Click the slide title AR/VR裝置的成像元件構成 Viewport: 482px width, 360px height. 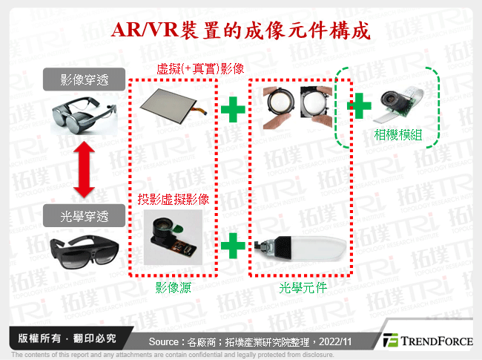click(240, 30)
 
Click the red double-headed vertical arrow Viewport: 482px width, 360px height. click(85, 171)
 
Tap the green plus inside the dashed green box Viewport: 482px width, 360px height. click(360, 106)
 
